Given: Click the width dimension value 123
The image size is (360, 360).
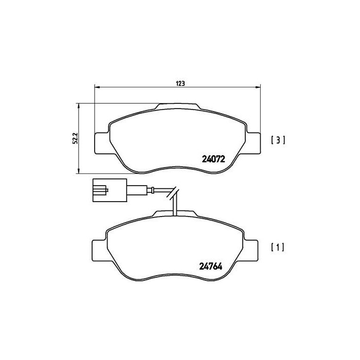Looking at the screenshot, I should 181,82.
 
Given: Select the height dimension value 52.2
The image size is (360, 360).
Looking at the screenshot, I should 74,138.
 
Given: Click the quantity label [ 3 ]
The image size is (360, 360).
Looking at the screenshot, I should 277,139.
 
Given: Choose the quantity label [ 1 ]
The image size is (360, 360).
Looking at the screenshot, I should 277,247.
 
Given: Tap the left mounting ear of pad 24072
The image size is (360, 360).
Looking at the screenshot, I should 101,142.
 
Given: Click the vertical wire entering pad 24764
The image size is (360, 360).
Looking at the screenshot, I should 175,206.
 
